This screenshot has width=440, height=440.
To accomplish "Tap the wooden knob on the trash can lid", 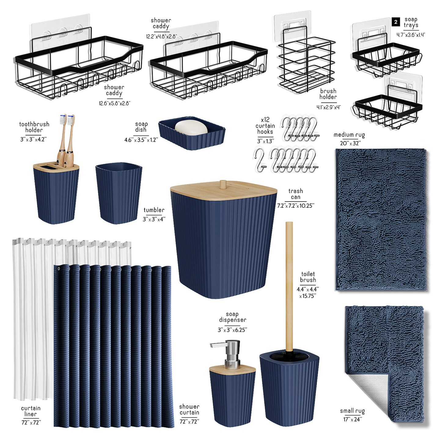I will click(223, 185).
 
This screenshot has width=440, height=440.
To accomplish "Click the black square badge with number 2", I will click(396, 22).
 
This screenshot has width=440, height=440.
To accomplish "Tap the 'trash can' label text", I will click(295, 194).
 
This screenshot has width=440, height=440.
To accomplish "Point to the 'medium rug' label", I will click(349, 135).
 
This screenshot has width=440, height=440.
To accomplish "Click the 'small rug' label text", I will click(352, 411).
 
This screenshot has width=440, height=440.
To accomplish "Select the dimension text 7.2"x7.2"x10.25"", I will click(295, 206).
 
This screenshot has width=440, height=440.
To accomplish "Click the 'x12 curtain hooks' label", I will click(265, 126).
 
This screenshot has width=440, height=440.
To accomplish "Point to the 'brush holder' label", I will click(328, 94).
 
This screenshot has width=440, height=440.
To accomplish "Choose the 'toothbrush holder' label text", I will click(34, 127).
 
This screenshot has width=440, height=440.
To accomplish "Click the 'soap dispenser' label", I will click(232, 317).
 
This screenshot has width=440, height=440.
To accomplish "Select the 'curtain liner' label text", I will click(31, 411).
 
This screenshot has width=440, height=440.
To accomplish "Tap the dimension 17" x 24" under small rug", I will click(352, 420).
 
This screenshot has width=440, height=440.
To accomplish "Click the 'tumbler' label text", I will click(154, 210).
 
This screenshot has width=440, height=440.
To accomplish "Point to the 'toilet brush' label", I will click(308, 277).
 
